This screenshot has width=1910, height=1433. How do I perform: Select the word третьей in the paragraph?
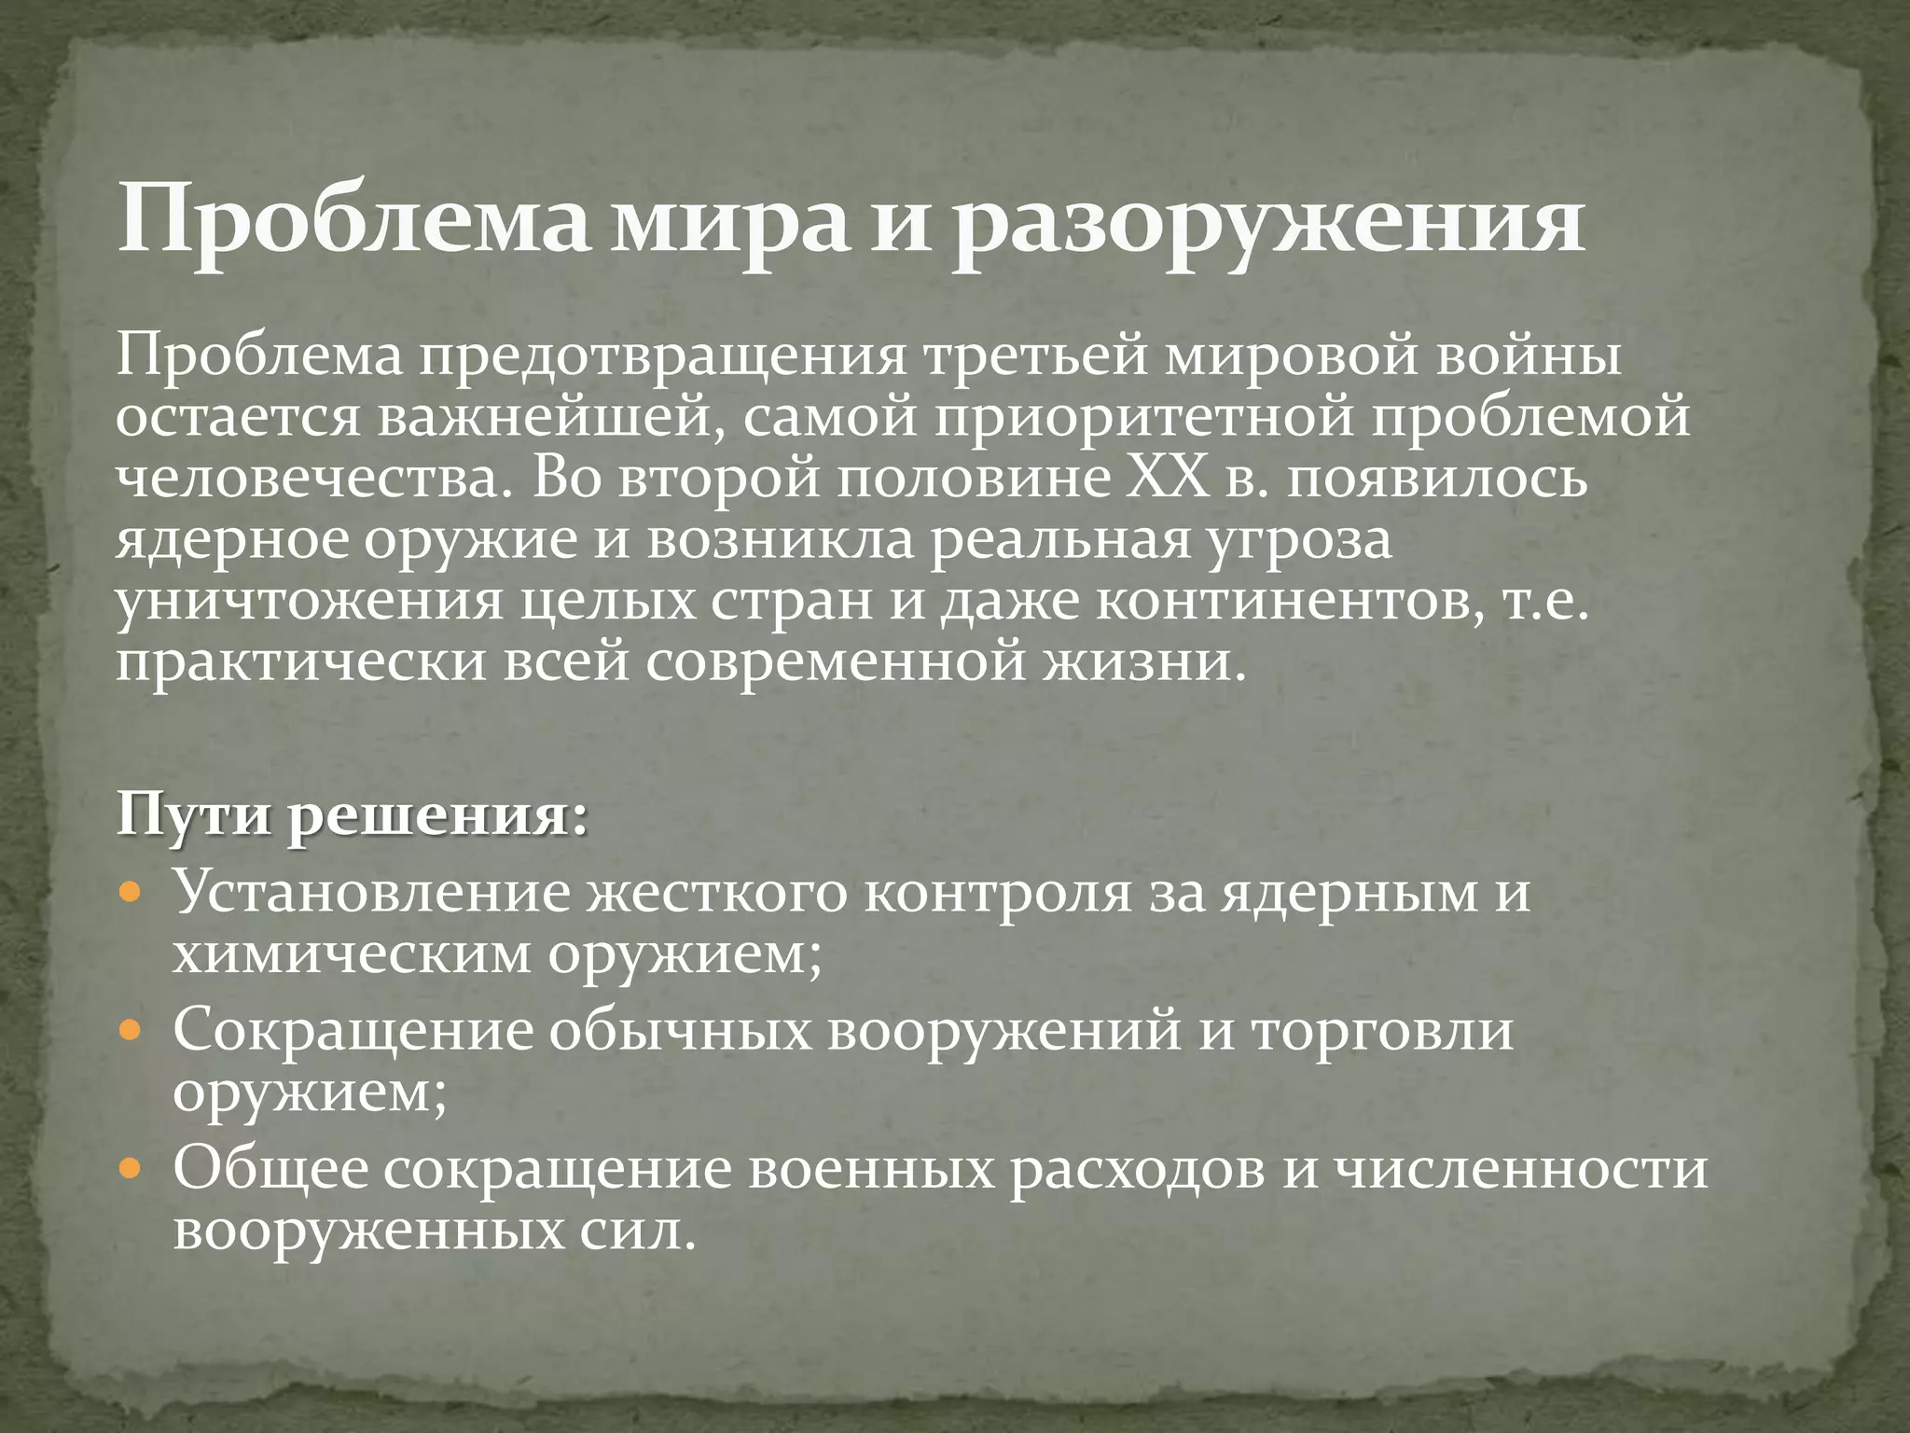click(1035, 357)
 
